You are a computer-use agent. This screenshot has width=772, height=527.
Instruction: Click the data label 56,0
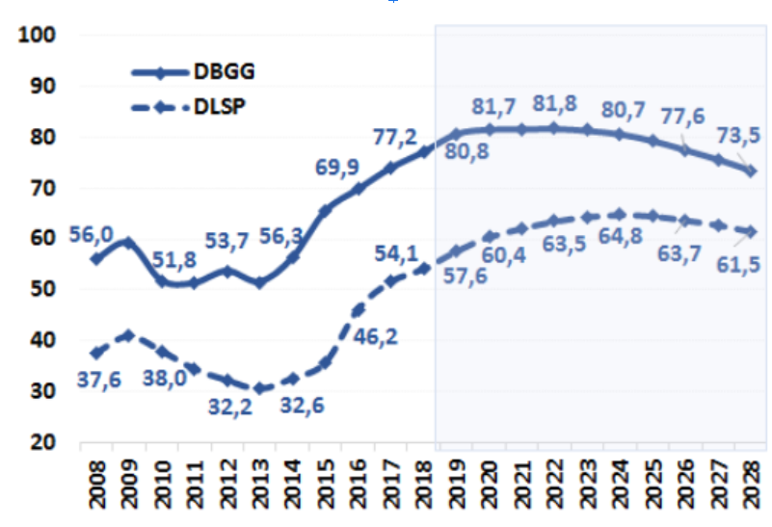92,235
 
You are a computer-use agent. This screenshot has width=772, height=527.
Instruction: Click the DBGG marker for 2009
127,242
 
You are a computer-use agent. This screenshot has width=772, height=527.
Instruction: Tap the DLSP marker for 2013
258,389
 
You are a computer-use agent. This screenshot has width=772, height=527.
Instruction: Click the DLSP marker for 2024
620,215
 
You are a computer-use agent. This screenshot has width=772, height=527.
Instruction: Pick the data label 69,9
336,167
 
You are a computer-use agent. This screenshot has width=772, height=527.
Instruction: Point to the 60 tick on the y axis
45,238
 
